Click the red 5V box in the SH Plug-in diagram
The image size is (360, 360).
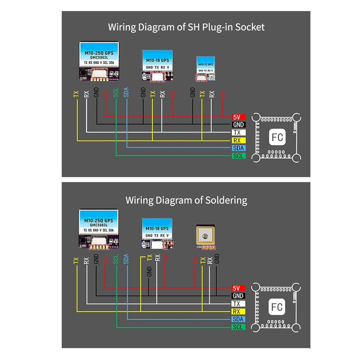[x=239, y=117]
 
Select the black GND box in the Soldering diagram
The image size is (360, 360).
[x=238, y=296]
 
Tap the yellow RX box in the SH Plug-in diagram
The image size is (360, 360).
[x=239, y=140]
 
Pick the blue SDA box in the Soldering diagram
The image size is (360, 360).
[x=238, y=319]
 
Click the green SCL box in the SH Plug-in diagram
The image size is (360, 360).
[x=239, y=156]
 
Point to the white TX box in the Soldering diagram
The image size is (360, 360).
[x=238, y=304]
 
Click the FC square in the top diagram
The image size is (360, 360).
[x=277, y=137]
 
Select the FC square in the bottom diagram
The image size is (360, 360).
[x=277, y=307]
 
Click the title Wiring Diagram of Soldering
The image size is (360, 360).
[x=186, y=200]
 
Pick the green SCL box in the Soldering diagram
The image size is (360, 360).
[x=238, y=327]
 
